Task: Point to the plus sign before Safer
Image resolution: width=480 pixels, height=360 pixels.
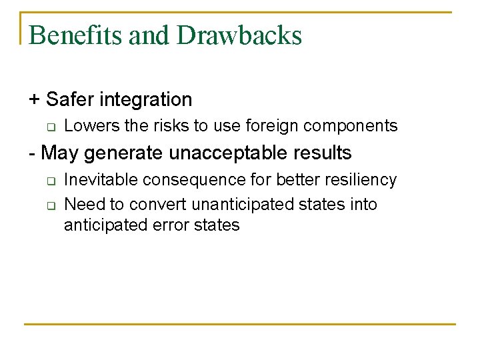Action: [34, 100]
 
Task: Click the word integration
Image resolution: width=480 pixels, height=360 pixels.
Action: [145, 100]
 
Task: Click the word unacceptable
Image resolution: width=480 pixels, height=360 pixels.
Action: [231, 153]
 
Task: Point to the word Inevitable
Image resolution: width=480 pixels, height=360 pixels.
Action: [93, 180]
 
